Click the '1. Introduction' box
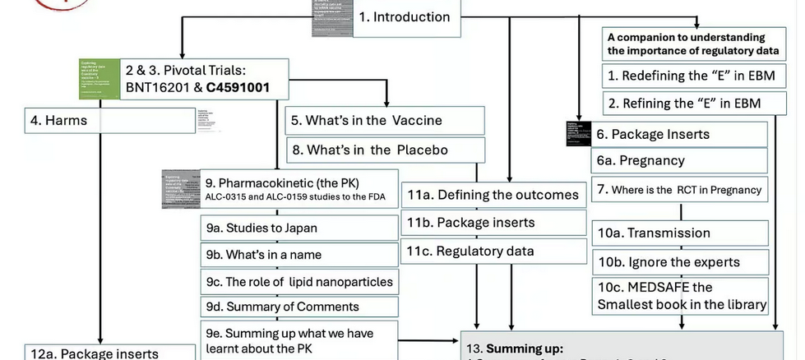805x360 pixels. pos(406,17)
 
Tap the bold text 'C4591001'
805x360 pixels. pos(238,86)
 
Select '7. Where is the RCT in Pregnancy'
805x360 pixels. pos(679,190)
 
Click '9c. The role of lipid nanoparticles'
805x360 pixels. pos(299,282)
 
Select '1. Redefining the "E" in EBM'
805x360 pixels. pos(691,76)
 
